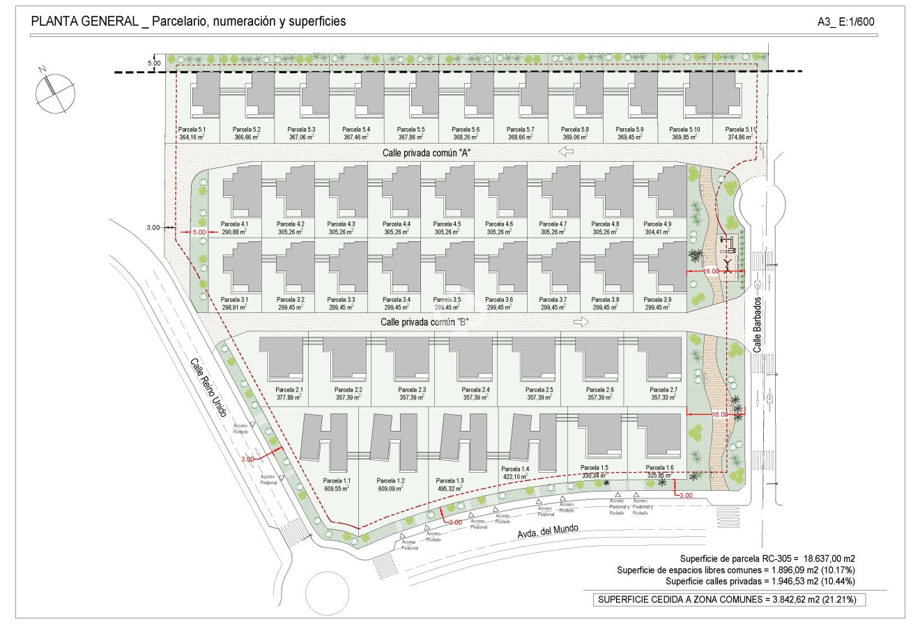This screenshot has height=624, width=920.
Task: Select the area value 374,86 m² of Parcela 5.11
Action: [x=740, y=138]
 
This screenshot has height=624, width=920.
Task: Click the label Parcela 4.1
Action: [x=234, y=224]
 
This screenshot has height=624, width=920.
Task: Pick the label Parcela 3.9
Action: [x=658, y=300]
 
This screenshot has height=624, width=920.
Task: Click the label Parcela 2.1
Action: [x=289, y=390]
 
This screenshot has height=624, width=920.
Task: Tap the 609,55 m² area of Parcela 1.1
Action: [x=337, y=489]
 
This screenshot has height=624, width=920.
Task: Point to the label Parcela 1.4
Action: [x=516, y=469]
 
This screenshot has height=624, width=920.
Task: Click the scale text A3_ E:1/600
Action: [x=845, y=22]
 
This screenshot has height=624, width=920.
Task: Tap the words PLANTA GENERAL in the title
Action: [x=84, y=22]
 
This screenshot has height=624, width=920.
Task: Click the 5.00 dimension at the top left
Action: [x=154, y=63]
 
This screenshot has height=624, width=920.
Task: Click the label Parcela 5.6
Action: [x=466, y=130]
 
